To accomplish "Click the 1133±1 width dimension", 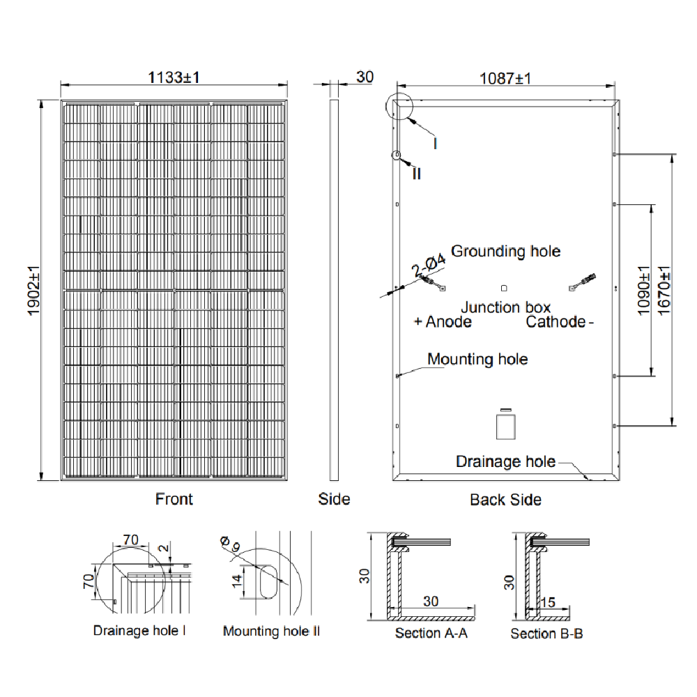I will [174, 77].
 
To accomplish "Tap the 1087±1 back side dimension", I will [505, 78].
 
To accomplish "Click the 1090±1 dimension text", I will [642, 291].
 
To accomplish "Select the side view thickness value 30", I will [365, 77].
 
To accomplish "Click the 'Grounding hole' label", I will [505, 251].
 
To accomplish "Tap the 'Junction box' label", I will [505, 307].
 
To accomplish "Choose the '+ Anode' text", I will [443, 322].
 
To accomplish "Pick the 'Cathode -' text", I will [560, 322].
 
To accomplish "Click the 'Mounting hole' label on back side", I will [477, 360].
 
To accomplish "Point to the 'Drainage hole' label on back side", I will [505, 461].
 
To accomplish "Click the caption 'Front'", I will [174, 499].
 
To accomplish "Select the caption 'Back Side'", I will [505, 500].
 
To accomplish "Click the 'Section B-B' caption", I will [546, 634].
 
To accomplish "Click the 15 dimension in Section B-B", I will [548, 602].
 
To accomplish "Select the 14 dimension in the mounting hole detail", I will [238, 578].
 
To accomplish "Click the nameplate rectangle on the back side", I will [505, 426].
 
